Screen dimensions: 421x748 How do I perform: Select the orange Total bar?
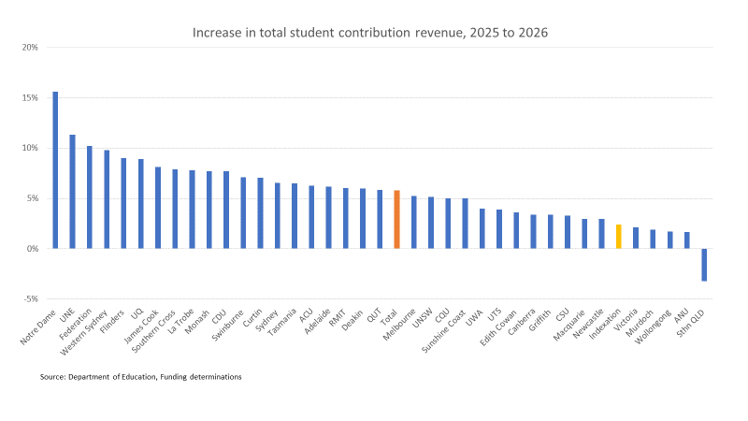396,220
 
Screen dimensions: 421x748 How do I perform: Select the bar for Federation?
90,197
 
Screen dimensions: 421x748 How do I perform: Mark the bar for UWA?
482,229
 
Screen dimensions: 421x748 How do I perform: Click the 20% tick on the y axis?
29,47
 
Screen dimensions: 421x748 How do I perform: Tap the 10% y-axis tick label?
29,148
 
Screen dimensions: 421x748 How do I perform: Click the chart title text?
370,33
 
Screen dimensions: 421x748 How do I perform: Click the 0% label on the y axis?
32,249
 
